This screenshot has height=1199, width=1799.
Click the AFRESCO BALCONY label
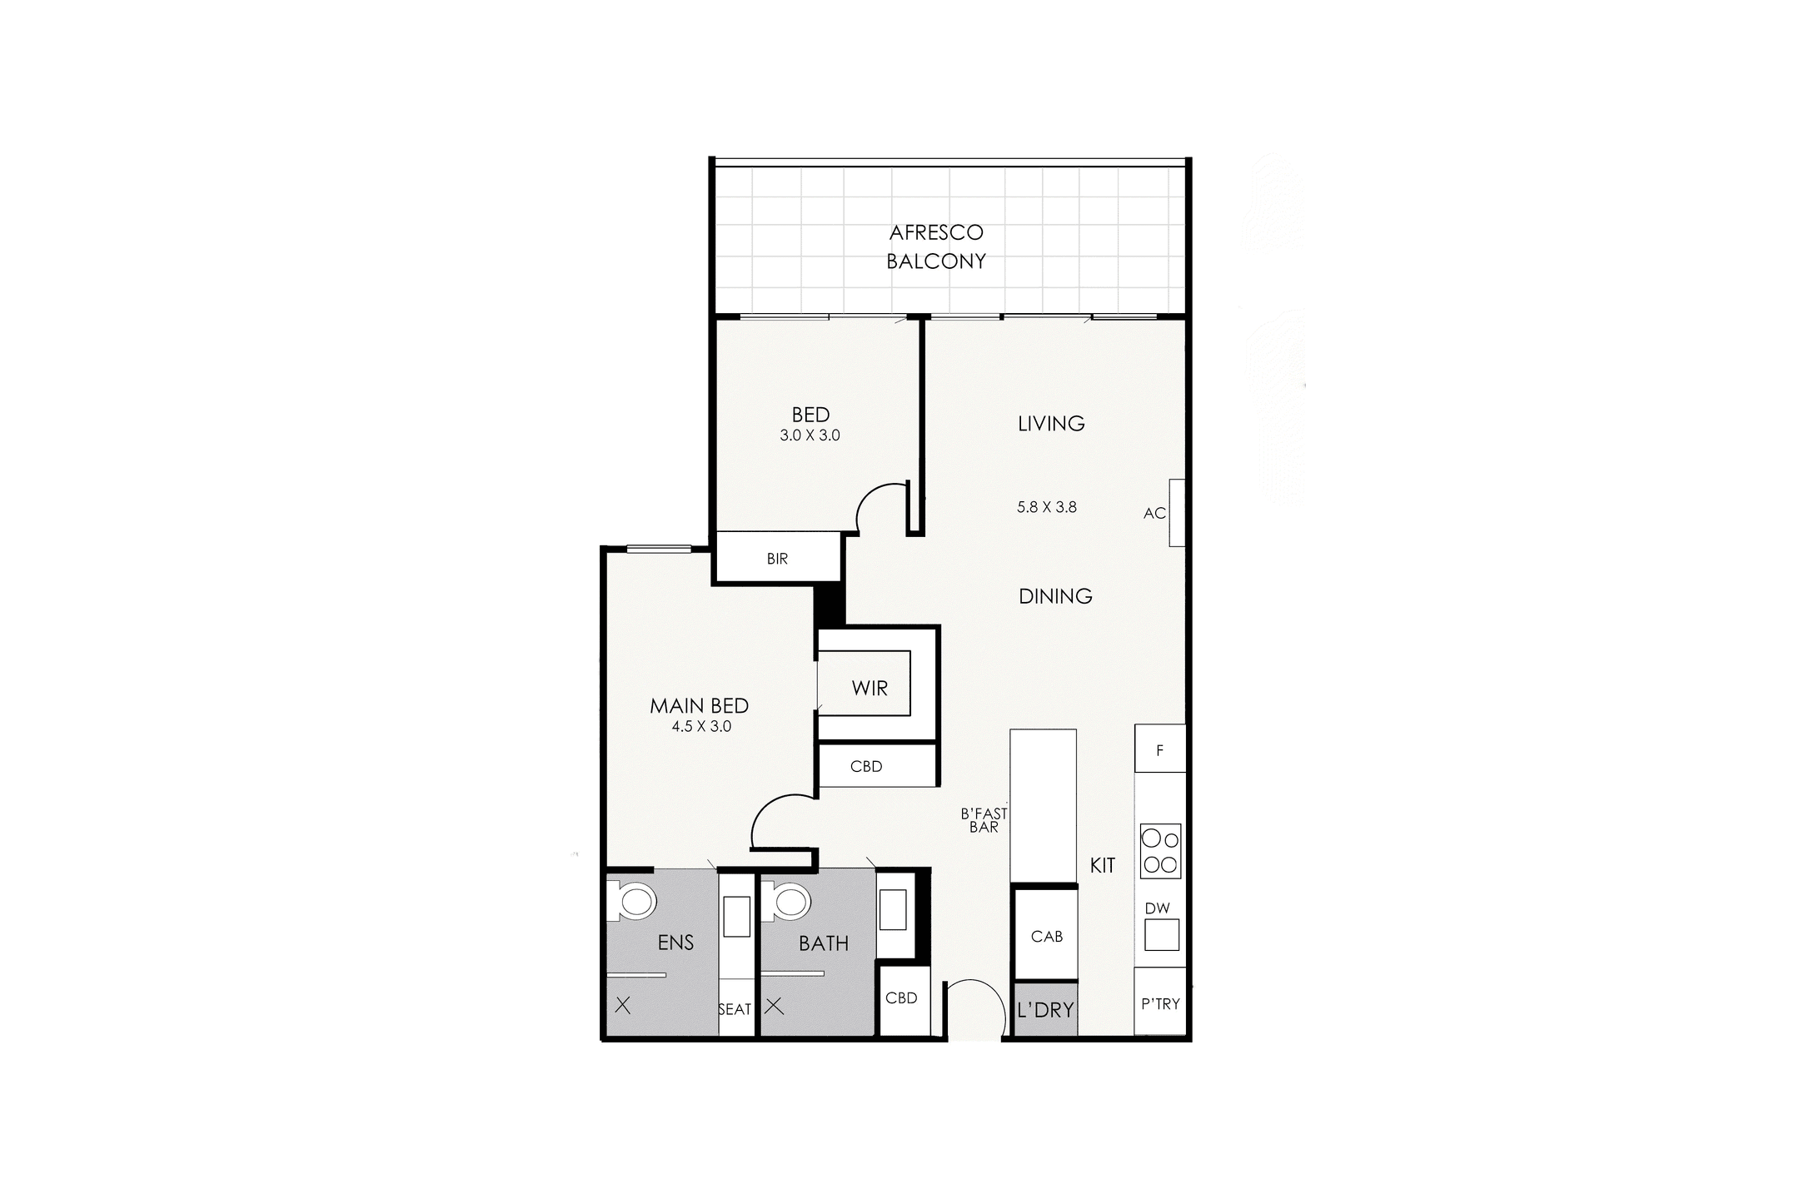click(936, 246)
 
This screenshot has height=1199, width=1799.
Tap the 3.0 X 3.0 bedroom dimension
click(810, 435)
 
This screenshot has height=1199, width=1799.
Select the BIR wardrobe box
click(777, 559)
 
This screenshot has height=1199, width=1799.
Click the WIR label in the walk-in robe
click(870, 689)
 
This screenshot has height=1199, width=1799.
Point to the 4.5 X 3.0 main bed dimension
click(701, 726)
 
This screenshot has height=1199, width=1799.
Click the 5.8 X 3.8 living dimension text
click(1047, 506)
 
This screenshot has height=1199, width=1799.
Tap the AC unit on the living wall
click(1176, 513)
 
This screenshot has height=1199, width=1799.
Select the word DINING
click(1055, 596)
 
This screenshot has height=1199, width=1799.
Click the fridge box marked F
click(1159, 749)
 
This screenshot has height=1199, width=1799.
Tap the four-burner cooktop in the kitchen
click(1160, 851)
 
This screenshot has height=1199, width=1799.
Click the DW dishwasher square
click(1161, 933)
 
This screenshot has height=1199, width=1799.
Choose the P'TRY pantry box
click(1160, 1004)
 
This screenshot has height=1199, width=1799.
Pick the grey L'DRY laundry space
click(1045, 1010)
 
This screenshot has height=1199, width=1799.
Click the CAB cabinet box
click(1046, 936)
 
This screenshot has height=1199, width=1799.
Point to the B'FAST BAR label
click(984, 820)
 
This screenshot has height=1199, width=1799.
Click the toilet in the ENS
click(635, 902)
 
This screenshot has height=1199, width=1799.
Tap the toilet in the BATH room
click(789, 902)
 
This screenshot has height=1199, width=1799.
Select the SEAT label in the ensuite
click(735, 1009)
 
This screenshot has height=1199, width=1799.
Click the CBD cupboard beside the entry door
click(901, 998)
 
